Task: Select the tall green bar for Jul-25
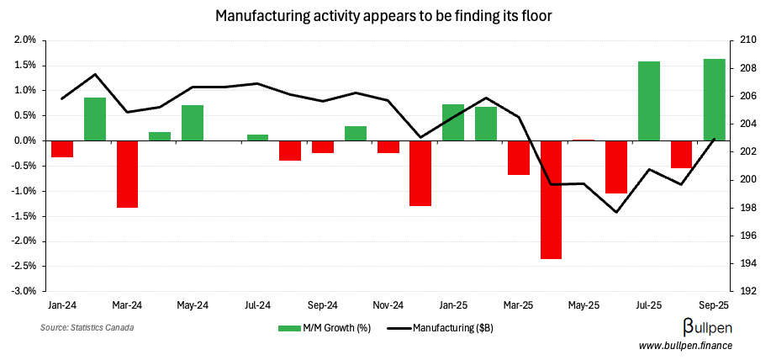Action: point(648,101)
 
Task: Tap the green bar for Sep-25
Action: point(714,99)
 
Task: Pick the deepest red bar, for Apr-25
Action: point(551,199)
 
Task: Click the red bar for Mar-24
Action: point(127,173)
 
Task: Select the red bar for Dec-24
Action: point(420,172)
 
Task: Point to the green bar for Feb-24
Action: point(95,119)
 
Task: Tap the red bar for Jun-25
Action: point(616,167)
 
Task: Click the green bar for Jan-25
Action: point(453,123)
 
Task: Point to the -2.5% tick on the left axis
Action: point(24,267)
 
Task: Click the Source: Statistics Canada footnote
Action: point(87,327)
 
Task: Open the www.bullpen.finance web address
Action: point(686,346)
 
